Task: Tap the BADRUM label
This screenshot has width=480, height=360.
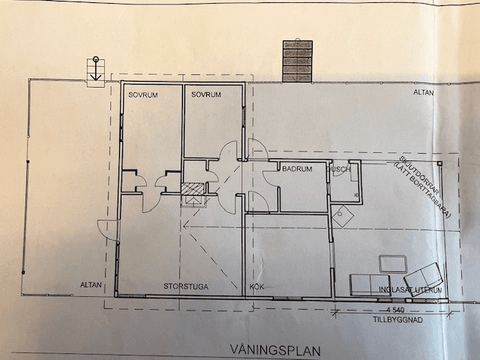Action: (x=298, y=170)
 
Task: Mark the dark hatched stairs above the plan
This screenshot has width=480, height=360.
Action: (x=297, y=61)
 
